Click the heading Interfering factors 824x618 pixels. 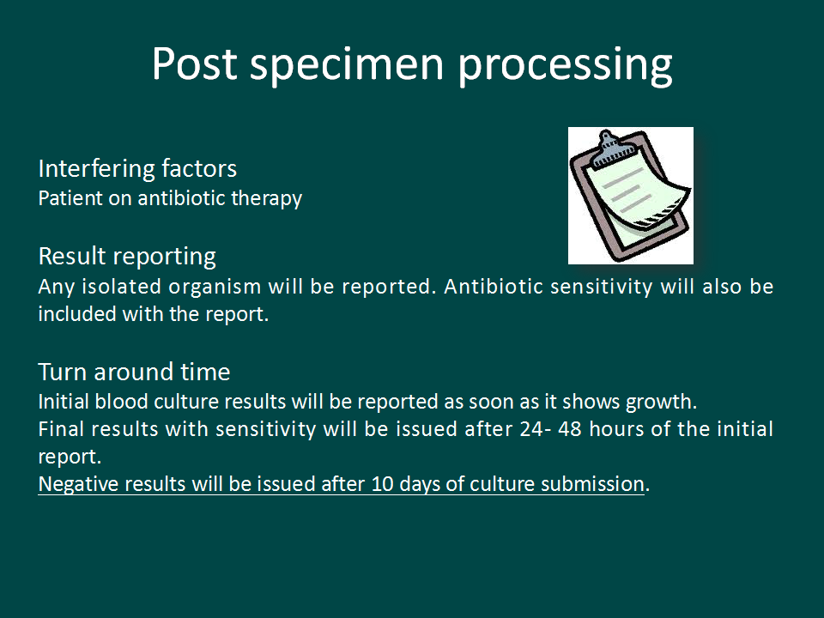pos(137,169)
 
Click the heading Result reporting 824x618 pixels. pos(127,257)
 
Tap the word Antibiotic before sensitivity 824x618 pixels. pos(494,287)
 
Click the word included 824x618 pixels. pos(77,314)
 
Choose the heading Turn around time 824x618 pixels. pos(135,372)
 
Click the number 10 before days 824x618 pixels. pos(382,484)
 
